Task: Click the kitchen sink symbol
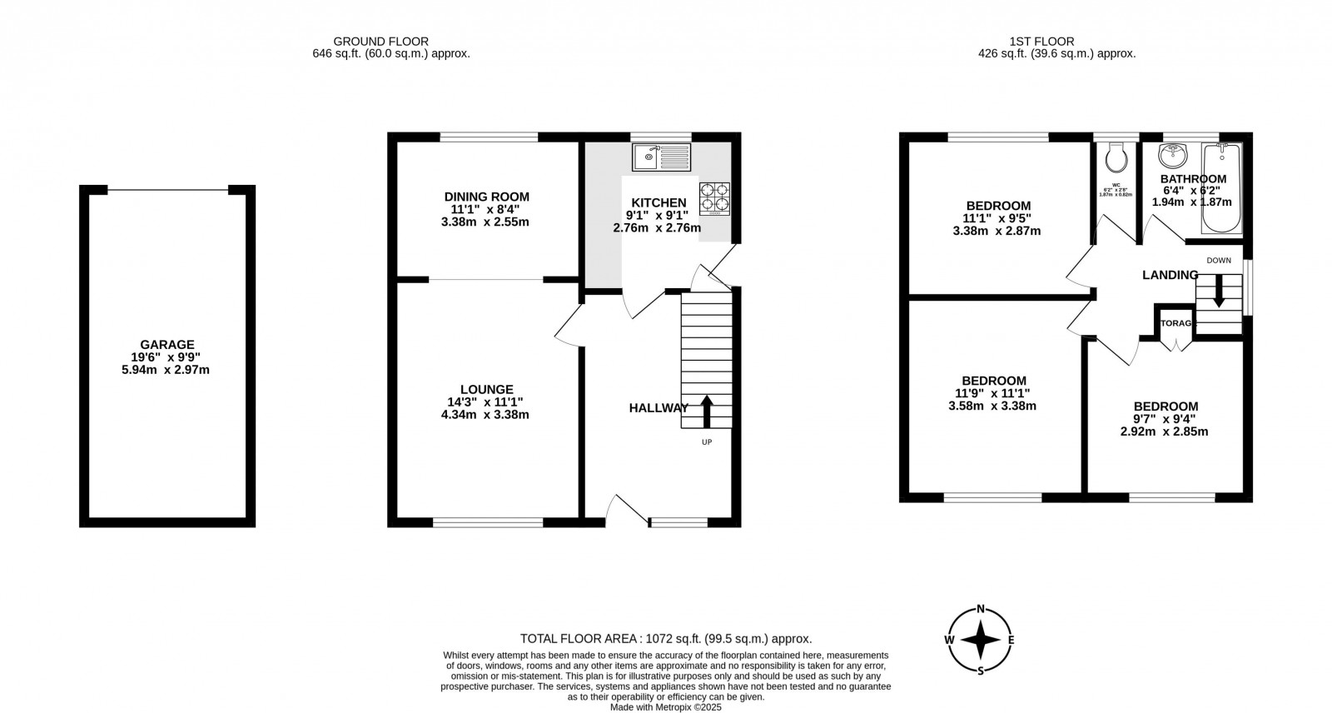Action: (x=661, y=156)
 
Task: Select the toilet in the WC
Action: (x=1116, y=157)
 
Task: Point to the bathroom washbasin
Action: (x=1175, y=155)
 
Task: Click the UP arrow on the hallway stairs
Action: (x=707, y=411)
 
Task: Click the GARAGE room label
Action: (x=167, y=344)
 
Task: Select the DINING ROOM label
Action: (x=486, y=197)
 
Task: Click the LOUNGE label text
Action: (x=486, y=389)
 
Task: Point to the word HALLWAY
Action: (x=659, y=407)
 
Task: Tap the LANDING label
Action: (x=1170, y=275)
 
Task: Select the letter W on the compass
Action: (x=949, y=640)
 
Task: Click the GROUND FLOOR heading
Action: (x=380, y=41)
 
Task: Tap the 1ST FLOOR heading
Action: (x=1041, y=41)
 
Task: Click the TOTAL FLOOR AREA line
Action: (x=665, y=639)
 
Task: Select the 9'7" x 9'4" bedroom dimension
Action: (x=1164, y=419)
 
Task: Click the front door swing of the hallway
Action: (x=626, y=510)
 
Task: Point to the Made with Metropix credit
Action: (x=665, y=706)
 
